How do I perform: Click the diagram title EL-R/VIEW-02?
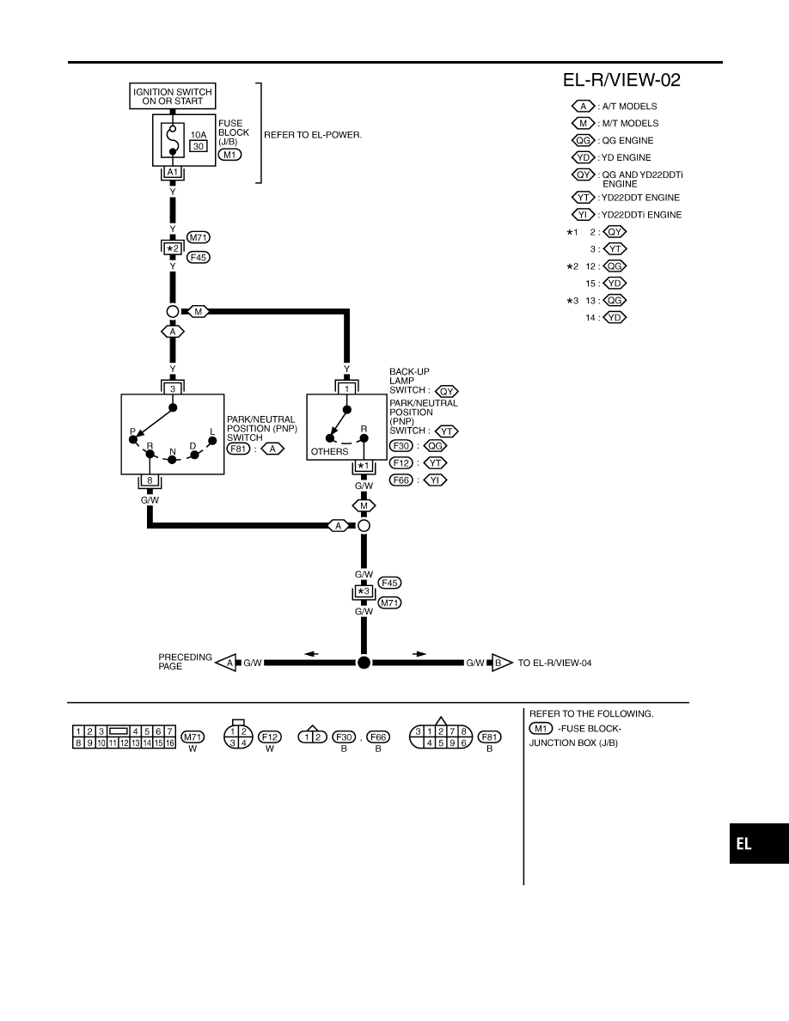[x=621, y=80]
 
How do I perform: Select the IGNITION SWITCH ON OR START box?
[x=173, y=96]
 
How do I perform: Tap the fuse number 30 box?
[x=199, y=146]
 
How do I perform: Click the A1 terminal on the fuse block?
[x=173, y=172]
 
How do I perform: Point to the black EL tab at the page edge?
[x=759, y=843]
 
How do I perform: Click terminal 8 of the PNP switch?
[x=150, y=480]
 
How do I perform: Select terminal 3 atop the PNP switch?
[x=173, y=388]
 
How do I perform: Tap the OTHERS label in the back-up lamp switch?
[x=329, y=451]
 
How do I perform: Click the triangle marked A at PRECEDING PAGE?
[x=226, y=663]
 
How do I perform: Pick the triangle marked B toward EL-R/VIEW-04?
[x=501, y=663]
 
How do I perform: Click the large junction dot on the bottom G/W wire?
[x=364, y=663]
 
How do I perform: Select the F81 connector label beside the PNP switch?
[x=238, y=449]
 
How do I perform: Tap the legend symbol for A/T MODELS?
[x=584, y=106]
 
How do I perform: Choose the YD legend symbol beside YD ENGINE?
[x=584, y=157]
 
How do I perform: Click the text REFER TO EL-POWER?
[x=313, y=135]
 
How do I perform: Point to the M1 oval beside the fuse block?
[x=229, y=155]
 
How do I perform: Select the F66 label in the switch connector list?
[x=401, y=480]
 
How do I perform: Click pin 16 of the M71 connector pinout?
[x=169, y=743]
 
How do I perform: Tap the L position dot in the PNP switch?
[x=212, y=441]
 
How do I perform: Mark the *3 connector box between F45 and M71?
[x=364, y=592]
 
